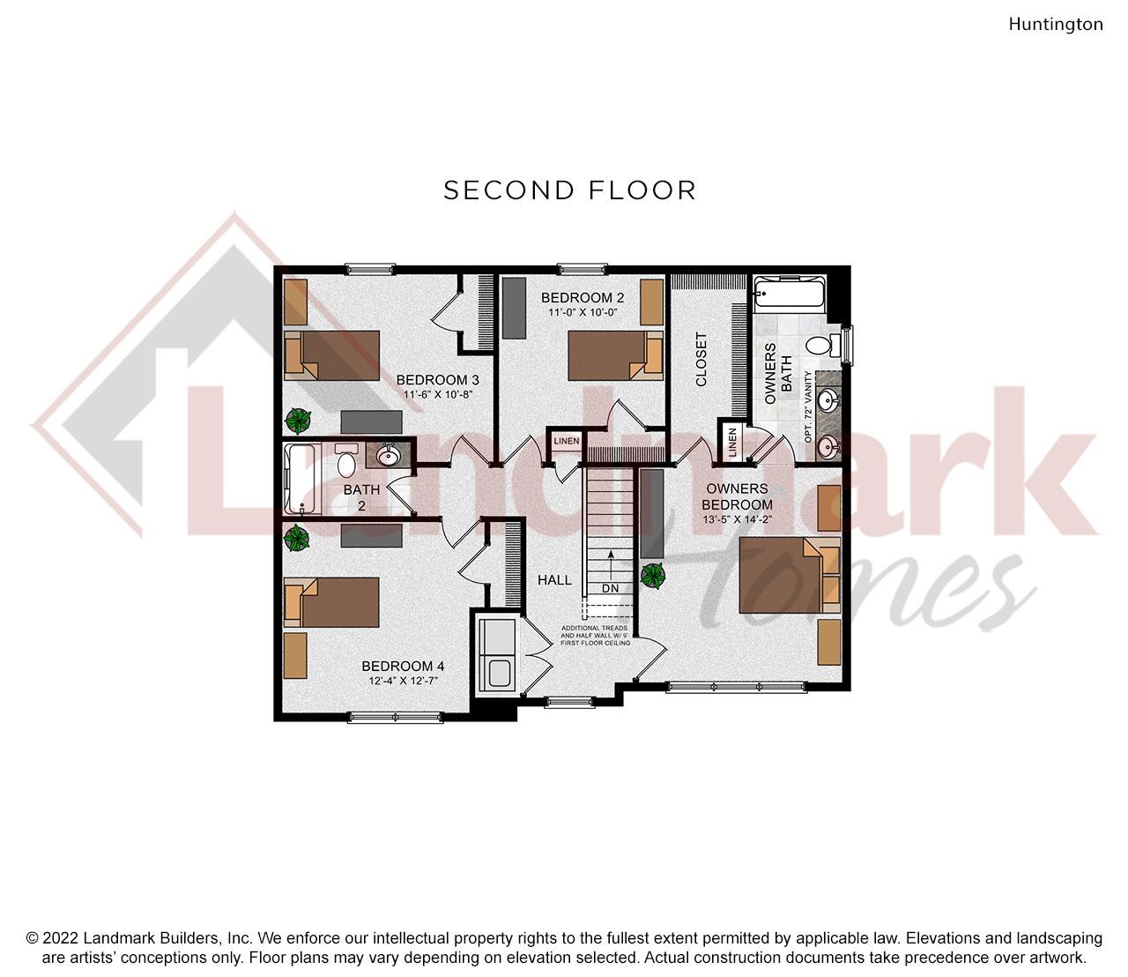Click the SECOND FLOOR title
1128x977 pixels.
[569, 190]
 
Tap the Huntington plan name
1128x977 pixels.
[1055, 25]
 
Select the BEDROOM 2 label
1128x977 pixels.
[583, 297]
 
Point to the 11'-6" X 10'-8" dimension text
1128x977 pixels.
[438, 394]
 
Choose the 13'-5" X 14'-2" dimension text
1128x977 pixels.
[737, 519]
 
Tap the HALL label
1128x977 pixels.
[554, 580]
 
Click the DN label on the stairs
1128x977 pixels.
[611, 588]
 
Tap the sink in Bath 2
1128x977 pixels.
[387, 456]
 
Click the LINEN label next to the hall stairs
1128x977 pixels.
[566, 441]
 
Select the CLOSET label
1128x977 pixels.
[701, 359]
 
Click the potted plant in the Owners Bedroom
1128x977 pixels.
[653, 576]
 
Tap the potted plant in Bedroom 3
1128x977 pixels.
[298, 420]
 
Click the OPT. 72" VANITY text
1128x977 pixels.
[808, 406]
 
